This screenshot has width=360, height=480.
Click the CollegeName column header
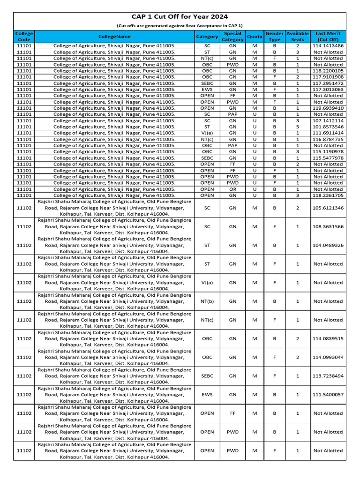pyautogui.click(x=114, y=37)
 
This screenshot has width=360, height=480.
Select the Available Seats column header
pyautogui.click(x=298, y=37)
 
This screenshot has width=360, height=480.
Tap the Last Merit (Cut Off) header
pyautogui.click(x=328, y=37)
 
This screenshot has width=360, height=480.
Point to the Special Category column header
pyautogui.click(x=232, y=37)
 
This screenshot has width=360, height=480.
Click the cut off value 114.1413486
pyautogui.click(x=328, y=46)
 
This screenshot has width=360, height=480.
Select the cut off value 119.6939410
pyautogui.click(x=328, y=108)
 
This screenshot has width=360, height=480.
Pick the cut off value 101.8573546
pyautogui.click(x=328, y=127)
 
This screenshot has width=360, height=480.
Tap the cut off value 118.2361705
pyautogui.click(x=328, y=195)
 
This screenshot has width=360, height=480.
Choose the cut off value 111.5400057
pyautogui.click(x=328, y=395)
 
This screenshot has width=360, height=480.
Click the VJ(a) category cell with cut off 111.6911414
pyautogui.click(x=207, y=133)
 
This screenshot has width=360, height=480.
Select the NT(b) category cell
pyautogui.click(x=207, y=301)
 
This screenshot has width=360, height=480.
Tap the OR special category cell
pyautogui.click(x=232, y=189)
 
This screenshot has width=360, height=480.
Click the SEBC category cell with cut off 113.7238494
pyautogui.click(x=207, y=376)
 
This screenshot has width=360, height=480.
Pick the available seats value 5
pyautogui.click(x=298, y=127)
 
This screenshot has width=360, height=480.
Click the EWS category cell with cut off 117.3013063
pyautogui.click(x=207, y=90)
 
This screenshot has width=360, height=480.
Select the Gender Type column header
pyautogui.click(x=274, y=37)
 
